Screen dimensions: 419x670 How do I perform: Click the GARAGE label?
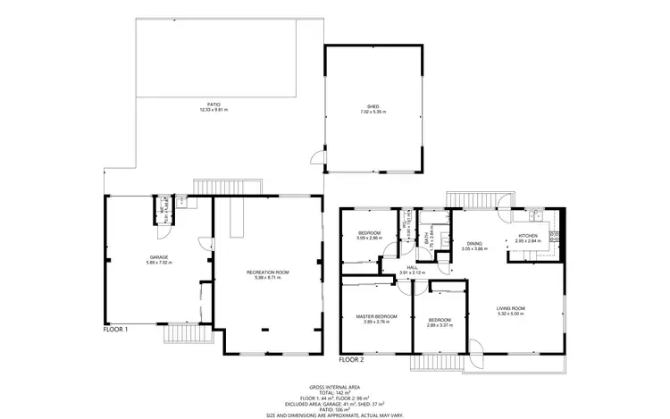tap(158, 257)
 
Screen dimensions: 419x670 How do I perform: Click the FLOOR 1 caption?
tap(115, 330)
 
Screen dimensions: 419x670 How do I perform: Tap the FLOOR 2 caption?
tap(351, 359)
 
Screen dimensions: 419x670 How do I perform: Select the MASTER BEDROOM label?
tap(375, 316)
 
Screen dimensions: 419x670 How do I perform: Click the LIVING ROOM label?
tap(511, 308)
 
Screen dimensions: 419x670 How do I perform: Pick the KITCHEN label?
tap(528, 235)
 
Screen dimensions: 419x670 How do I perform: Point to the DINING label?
tap(474, 243)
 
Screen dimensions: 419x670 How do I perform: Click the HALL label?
tap(412, 267)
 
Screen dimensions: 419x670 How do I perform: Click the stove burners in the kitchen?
tap(554, 235)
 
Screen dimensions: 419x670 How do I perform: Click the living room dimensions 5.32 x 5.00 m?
tap(511, 314)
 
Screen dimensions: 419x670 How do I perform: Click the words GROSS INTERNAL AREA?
tap(335, 386)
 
